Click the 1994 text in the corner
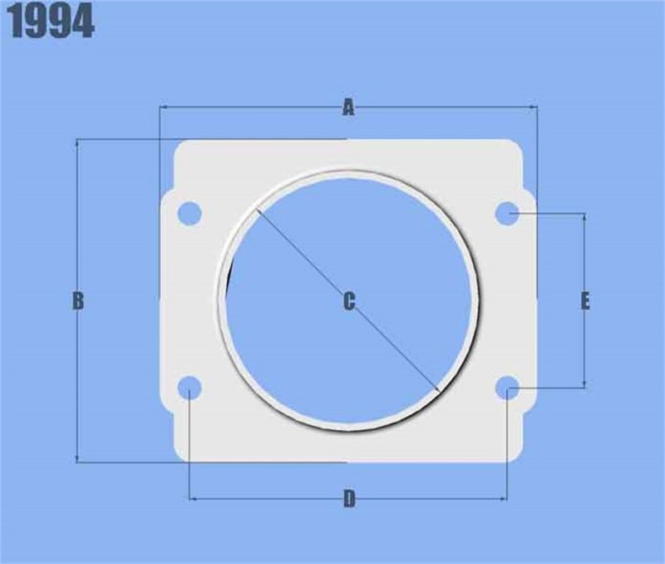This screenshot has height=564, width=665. point(52,22)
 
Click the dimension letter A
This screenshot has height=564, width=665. point(348,107)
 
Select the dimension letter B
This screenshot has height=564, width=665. point(77,300)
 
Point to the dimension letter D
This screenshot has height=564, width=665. point(349,499)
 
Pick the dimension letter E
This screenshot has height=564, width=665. point(585,300)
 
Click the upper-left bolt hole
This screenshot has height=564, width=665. point(190,213)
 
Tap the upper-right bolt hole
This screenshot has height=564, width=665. point(508,214)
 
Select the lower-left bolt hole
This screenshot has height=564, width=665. point(190,387)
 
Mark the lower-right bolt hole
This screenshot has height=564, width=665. point(508,387)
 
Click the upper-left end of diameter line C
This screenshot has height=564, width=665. point(259,210)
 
